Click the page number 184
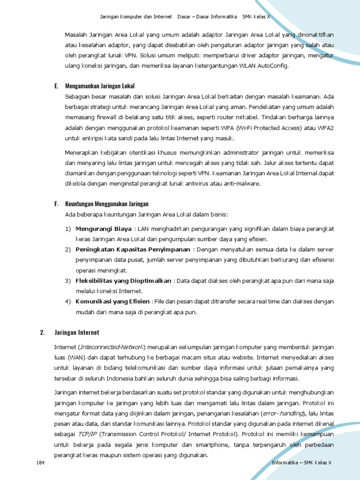[x=40, y=463]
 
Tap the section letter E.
[x=56, y=86]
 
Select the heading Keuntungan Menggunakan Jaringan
[x=106, y=203]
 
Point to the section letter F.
[x=56, y=203]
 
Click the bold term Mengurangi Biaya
[x=104, y=229]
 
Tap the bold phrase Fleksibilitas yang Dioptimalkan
[x=123, y=281]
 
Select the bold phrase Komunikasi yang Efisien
[x=113, y=301]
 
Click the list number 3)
[x=67, y=281]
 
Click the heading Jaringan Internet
[x=77, y=332]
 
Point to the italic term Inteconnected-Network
[x=112, y=347]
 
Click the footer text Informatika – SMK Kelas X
[x=301, y=463]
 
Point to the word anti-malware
[x=242, y=183]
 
